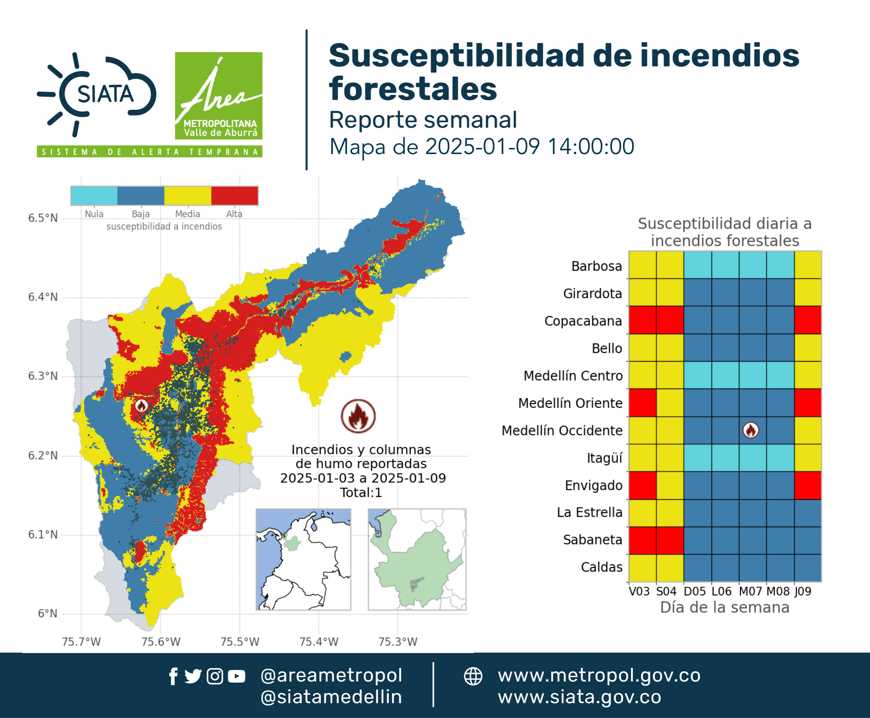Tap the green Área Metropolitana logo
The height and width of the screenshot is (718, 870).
[218, 96]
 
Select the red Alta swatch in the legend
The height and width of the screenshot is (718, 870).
[235, 196]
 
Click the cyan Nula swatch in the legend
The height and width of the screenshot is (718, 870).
[94, 196]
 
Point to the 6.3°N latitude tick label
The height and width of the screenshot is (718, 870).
[43, 376]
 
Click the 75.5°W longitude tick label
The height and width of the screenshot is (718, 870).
[240, 642]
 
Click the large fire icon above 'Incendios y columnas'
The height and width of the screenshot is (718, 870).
[358, 416]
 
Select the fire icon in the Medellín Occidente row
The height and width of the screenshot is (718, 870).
[751, 430]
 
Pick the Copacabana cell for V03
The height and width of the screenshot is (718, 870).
[642, 320]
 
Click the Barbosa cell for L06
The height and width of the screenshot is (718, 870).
[725, 265]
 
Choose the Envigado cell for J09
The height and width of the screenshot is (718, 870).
[808, 486]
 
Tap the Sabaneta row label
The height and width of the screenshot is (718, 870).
[593, 540]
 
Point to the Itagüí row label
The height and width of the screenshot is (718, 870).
[604, 458]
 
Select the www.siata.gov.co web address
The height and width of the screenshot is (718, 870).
[579, 697]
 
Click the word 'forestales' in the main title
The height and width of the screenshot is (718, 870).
[413, 89]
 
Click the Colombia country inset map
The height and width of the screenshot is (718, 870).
[303, 559]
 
